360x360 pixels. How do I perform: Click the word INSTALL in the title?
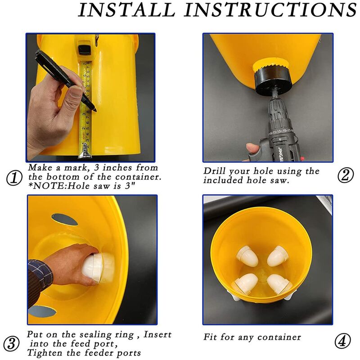127,9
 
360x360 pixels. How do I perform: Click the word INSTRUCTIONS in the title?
270,9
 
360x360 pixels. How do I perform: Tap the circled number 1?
14,178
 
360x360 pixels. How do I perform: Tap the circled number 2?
346,175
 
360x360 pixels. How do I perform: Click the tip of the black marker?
95,111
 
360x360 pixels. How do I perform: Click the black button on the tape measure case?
83,49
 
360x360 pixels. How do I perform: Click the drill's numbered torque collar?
280,131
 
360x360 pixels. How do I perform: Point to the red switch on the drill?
303,159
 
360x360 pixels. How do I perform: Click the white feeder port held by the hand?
98,267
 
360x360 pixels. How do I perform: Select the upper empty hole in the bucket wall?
64,220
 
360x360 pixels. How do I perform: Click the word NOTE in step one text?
49,186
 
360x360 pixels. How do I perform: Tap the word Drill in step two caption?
215,171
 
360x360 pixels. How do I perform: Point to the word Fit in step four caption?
210,337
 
